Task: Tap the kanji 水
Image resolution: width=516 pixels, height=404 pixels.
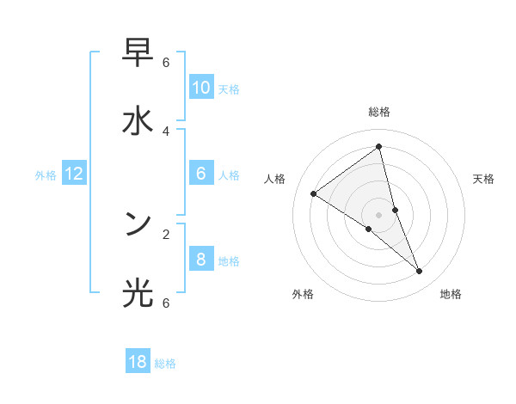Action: pyautogui.click(x=138, y=121)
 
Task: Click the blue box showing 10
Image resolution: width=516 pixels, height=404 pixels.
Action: pyautogui.click(x=201, y=88)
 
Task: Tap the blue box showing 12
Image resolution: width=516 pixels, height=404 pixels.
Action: pyautogui.click(x=74, y=174)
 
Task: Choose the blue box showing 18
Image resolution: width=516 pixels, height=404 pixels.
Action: pyautogui.click(x=138, y=362)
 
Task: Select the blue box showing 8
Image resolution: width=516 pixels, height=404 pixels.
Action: pyautogui.click(x=201, y=259)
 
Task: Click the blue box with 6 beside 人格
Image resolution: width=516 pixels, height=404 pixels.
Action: pyautogui.click(x=201, y=174)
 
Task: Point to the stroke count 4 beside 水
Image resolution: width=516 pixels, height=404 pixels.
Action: pyautogui.click(x=166, y=131)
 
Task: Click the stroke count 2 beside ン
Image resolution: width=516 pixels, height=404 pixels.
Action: pyautogui.click(x=166, y=233)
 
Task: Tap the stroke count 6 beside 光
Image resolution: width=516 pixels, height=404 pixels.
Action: pyautogui.click(x=166, y=302)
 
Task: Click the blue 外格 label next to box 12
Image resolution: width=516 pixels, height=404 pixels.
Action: pyautogui.click(x=46, y=175)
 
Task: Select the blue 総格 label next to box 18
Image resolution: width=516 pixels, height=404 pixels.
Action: pyautogui.click(x=166, y=364)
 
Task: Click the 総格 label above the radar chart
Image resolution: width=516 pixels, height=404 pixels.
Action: pyautogui.click(x=378, y=112)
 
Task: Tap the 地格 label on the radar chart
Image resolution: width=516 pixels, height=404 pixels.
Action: pyautogui.click(x=451, y=294)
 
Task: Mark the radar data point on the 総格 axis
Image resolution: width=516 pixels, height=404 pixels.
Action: pyautogui.click(x=378, y=146)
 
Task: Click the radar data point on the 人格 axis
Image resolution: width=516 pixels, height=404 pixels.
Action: pyautogui.click(x=313, y=194)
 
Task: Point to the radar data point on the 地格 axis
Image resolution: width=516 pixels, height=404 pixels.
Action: pyautogui.click(x=420, y=272)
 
